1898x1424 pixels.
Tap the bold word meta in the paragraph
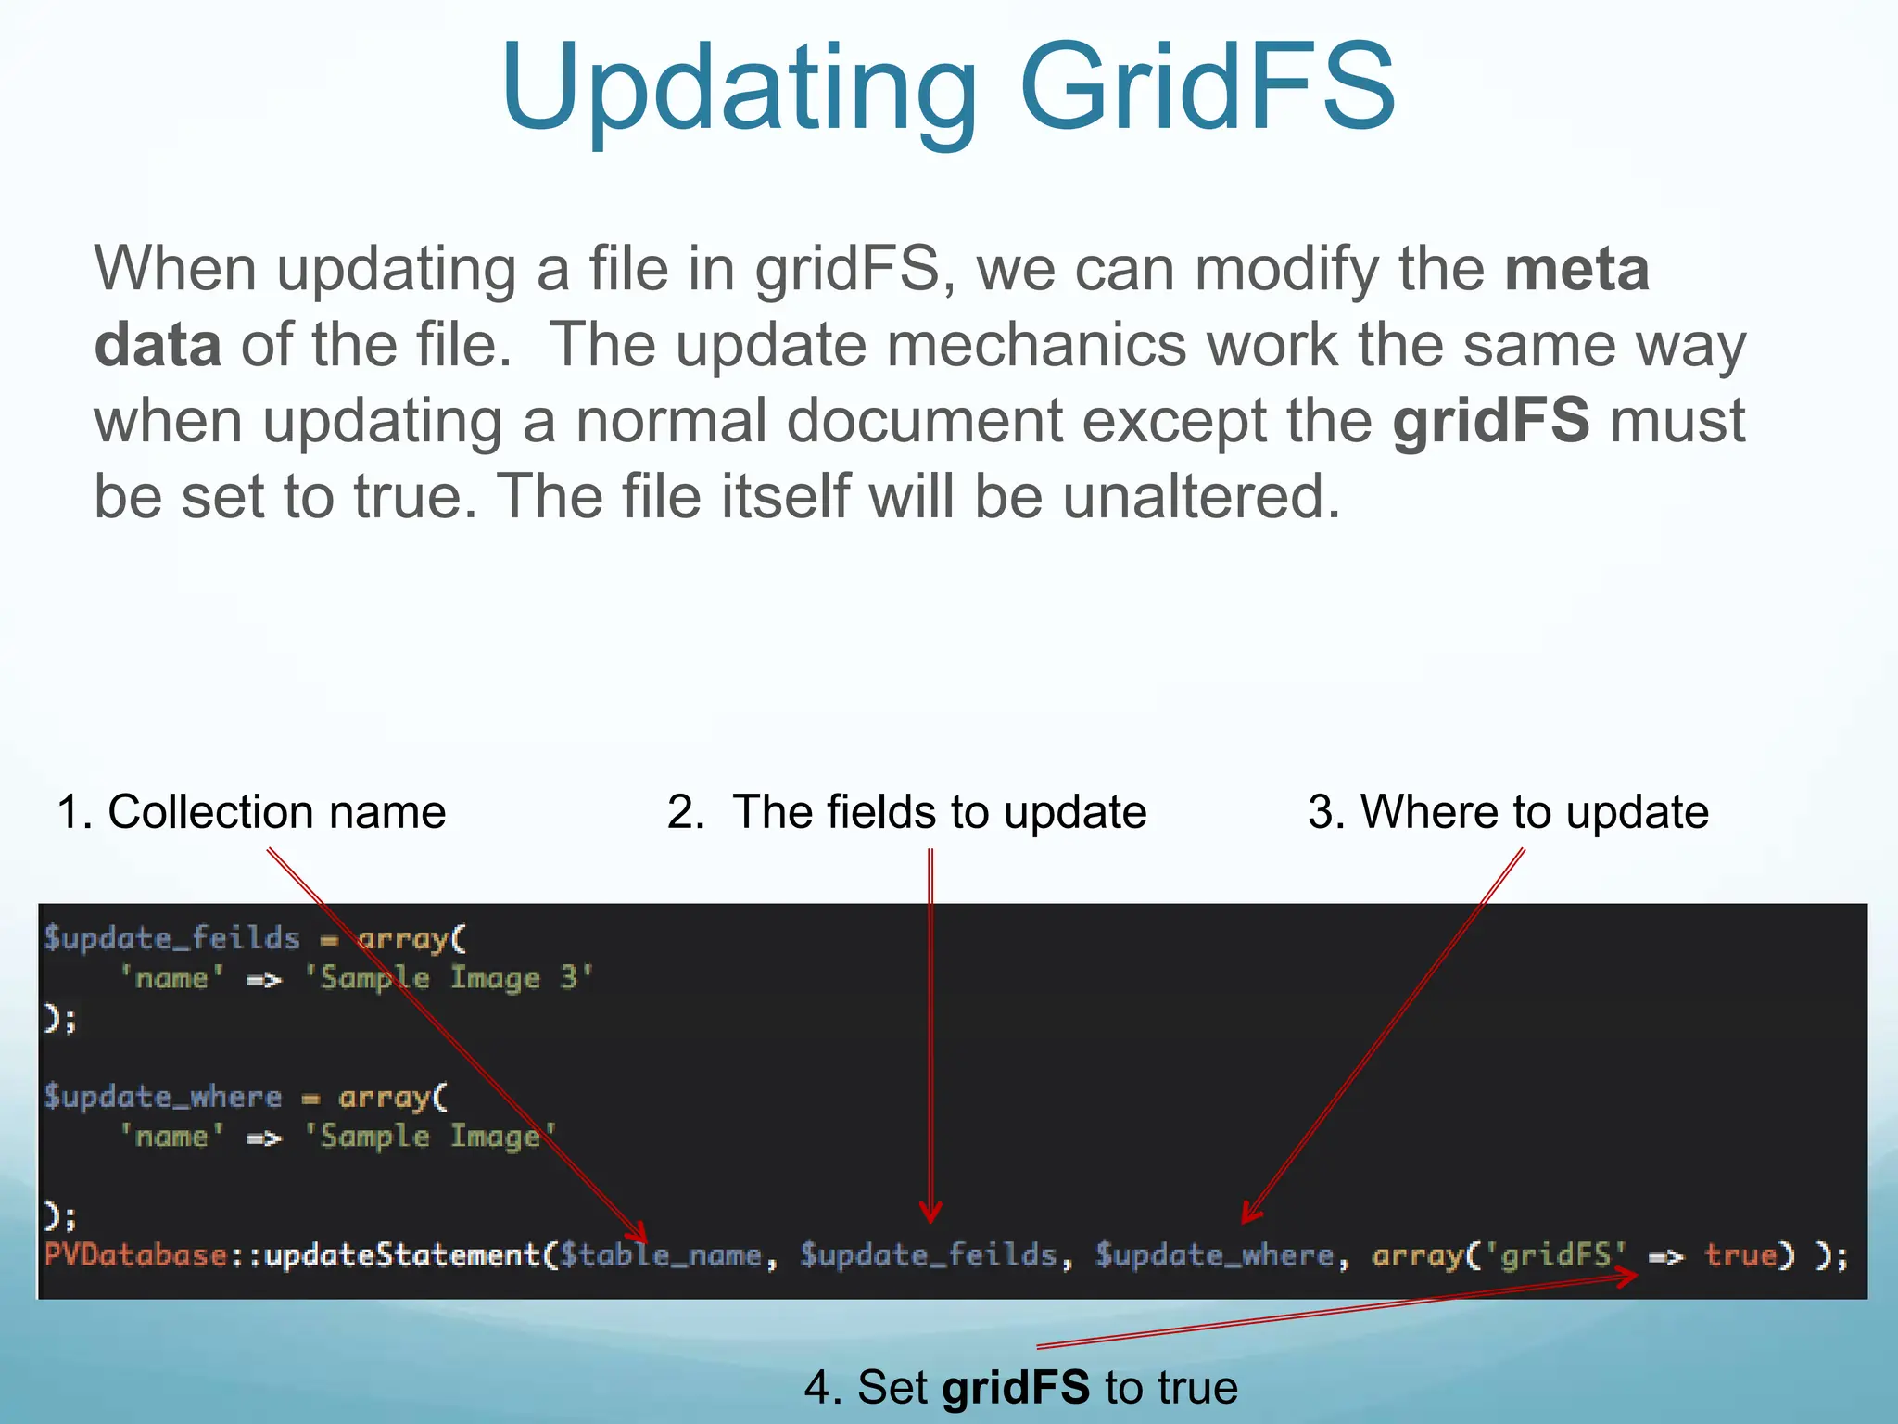(1576, 269)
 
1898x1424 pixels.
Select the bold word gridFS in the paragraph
(1491, 421)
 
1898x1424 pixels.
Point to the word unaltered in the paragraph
(1201, 497)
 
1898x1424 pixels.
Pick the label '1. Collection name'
(251, 812)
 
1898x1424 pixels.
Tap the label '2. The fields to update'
(906, 812)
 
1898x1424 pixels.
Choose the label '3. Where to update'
(1508, 812)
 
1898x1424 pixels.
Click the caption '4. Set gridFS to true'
(1020, 1388)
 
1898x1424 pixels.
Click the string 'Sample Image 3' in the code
(449, 978)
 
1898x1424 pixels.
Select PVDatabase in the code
(135, 1255)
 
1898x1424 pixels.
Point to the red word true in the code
(1740, 1255)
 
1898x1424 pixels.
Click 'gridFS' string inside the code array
(1556, 1255)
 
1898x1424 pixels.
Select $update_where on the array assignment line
(163, 1097)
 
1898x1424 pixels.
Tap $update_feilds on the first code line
(172, 938)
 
